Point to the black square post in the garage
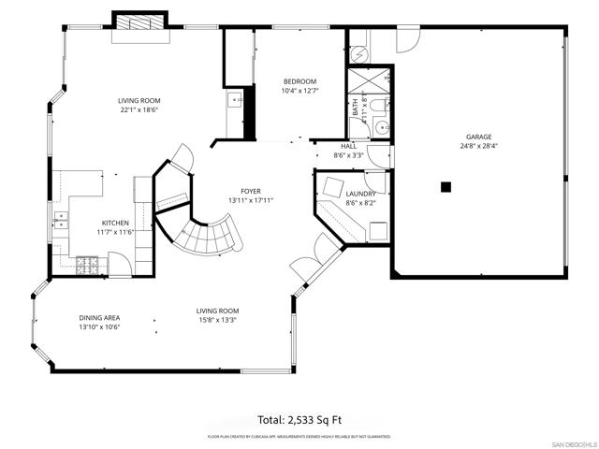pyautogui.click(x=446, y=187)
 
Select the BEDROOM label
pyautogui.click(x=299, y=81)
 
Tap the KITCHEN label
pyautogui.click(x=116, y=223)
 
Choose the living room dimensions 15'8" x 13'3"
pyautogui.click(x=216, y=320)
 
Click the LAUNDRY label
pyautogui.click(x=360, y=194)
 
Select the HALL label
pyautogui.click(x=349, y=146)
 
